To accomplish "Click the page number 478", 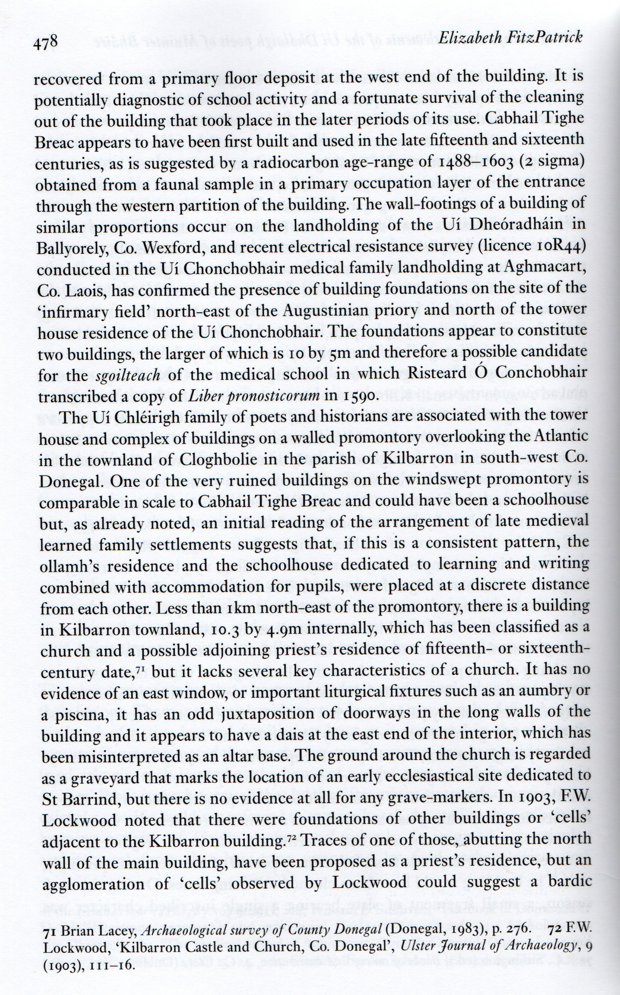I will pos(46,42).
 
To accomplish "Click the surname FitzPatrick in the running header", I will pos(541,38).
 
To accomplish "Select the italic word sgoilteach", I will pos(128,375).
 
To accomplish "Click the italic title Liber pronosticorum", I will pos(254,396).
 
